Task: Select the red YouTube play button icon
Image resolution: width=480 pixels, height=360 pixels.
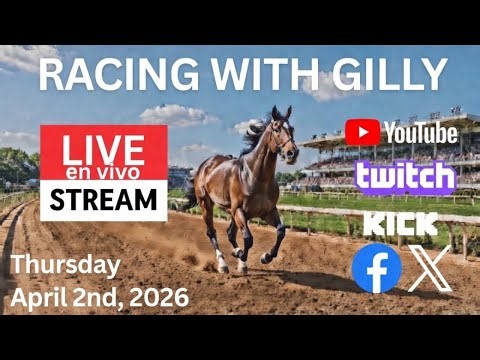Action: tap(361, 132)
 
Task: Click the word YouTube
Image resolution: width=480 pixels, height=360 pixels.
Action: tap(419, 132)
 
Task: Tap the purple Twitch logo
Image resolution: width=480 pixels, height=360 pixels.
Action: tap(405, 177)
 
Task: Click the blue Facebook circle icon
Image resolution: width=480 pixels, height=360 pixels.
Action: tap(377, 269)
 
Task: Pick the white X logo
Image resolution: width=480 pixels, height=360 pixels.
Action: tap(431, 269)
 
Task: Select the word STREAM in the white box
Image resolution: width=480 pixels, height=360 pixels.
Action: tap(103, 200)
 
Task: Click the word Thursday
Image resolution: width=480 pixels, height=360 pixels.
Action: tap(67, 265)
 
